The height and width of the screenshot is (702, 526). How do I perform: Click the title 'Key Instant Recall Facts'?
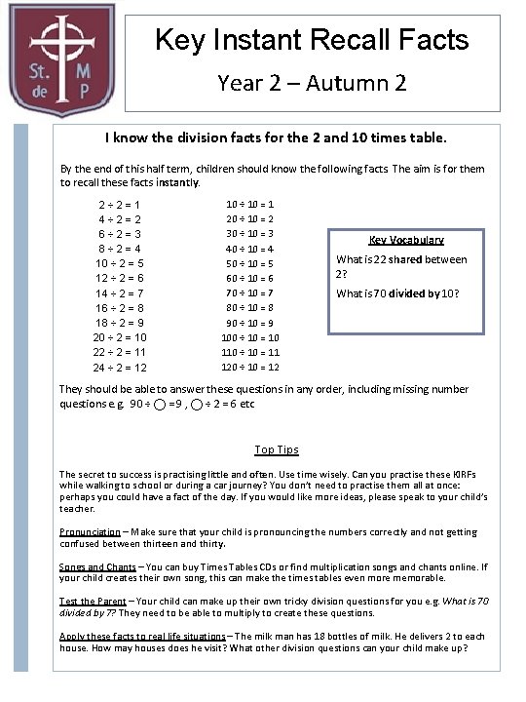point(312,40)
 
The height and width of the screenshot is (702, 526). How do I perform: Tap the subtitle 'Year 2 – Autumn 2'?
point(312,83)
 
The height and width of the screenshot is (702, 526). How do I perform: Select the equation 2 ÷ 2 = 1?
point(122,206)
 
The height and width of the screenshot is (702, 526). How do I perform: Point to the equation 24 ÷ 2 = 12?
point(122,368)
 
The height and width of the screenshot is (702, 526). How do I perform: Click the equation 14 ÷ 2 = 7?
point(122,293)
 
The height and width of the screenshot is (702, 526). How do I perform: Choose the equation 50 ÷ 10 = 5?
point(250,263)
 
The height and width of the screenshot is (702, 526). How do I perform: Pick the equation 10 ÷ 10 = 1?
point(250,205)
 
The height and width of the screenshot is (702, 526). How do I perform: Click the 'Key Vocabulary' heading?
point(406,240)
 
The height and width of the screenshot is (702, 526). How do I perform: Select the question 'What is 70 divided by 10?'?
point(397,293)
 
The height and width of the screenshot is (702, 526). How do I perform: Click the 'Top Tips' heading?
point(277,449)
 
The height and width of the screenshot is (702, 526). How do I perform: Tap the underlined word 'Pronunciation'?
point(90,532)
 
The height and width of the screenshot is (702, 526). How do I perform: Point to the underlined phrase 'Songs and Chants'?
point(97,566)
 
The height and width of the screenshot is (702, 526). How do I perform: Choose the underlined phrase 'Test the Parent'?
point(92,602)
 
